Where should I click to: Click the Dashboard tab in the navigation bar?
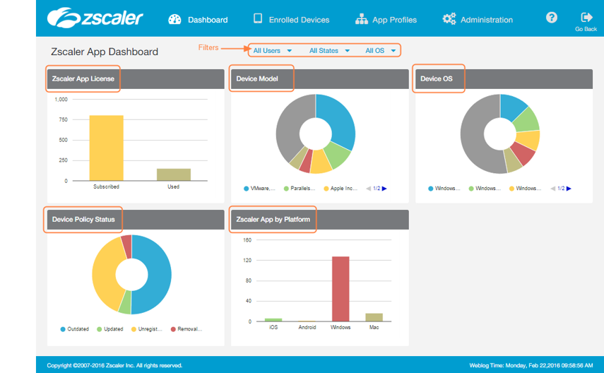(x=199, y=20)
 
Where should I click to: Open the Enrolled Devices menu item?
(x=291, y=20)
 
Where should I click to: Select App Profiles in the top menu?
(x=386, y=20)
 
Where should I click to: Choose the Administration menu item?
(x=478, y=20)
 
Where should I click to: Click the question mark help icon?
(x=552, y=18)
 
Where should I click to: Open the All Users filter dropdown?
(x=271, y=51)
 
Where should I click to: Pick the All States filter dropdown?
(x=329, y=51)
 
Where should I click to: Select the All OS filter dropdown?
(x=380, y=51)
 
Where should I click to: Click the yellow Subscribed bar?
(x=106, y=148)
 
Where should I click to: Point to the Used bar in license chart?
(x=173, y=174)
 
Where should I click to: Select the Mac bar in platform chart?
(x=374, y=317)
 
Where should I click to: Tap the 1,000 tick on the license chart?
(x=61, y=100)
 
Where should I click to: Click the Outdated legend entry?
(x=74, y=329)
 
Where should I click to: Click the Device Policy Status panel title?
(x=83, y=220)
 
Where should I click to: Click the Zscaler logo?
(x=95, y=18)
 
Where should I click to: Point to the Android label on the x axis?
(x=307, y=327)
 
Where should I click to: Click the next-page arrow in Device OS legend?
(x=568, y=189)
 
